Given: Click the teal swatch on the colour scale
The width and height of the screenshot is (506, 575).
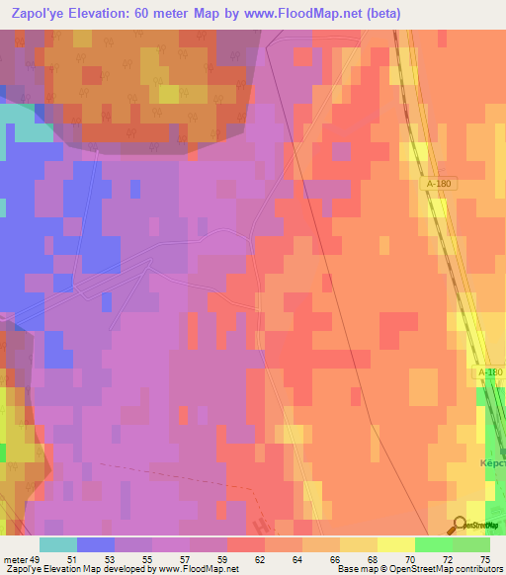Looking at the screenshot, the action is [57, 544].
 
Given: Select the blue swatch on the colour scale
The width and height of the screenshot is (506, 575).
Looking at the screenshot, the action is [95, 544].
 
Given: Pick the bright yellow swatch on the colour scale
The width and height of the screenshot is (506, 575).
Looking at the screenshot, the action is [395, 544].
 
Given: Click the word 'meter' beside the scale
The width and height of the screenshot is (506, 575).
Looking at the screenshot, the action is [16, 558].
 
